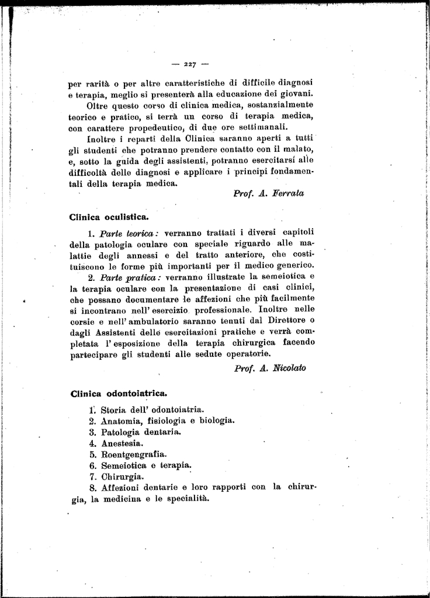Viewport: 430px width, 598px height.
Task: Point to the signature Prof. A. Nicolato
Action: click(x=269, y=368)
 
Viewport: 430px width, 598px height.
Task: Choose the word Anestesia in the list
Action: click(x=122, y=443)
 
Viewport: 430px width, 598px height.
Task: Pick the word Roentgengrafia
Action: click(x=134, y=454)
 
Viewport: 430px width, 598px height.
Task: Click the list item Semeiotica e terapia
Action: click(x=146, y=465)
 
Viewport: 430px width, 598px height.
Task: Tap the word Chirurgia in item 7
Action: click(x=122, y=477)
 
